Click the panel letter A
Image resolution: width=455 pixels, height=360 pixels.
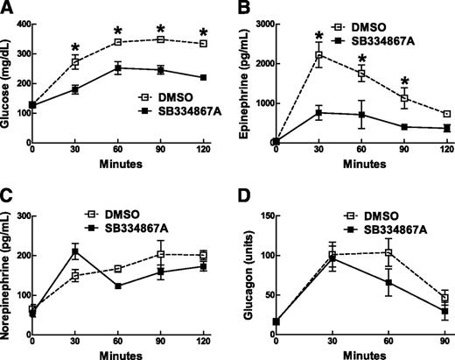7,8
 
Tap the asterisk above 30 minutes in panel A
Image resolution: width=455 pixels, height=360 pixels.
75,46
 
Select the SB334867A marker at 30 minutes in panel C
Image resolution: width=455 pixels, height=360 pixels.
75,251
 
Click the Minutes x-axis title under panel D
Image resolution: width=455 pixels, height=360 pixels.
360,354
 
